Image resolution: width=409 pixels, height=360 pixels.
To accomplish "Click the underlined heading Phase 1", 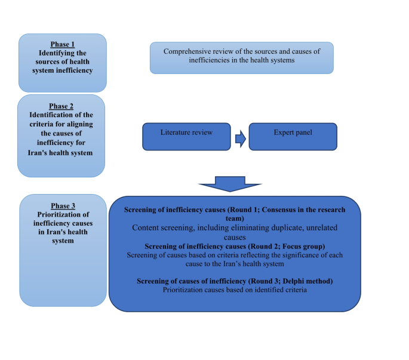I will tap(62, 44).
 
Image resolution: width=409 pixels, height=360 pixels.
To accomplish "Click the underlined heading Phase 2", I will tap(62, 106).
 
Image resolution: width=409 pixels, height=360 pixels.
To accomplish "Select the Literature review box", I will tap(186, 137).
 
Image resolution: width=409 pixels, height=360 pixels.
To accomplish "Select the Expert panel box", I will tap(293, 137).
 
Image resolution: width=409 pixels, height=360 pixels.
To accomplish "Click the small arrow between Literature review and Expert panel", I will tap(239, 139).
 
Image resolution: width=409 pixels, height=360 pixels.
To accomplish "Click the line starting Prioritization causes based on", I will tap(235, 290).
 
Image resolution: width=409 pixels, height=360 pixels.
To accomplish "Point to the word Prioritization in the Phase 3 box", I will tap(62, 215).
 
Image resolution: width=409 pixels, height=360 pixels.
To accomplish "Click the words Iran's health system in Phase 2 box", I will tap(62, 153).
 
